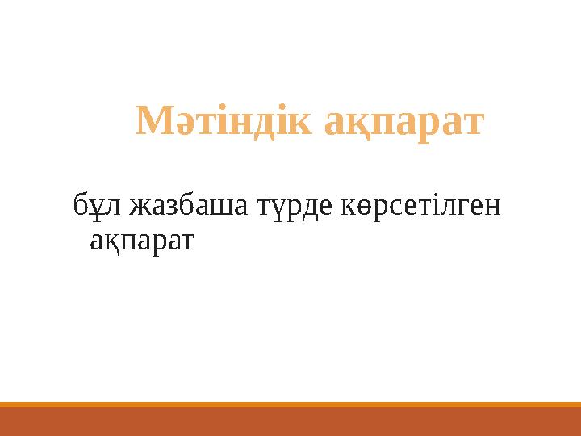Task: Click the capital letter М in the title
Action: point(153,122)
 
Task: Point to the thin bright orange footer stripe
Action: point(290,405)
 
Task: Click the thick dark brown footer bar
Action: point(290,421)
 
